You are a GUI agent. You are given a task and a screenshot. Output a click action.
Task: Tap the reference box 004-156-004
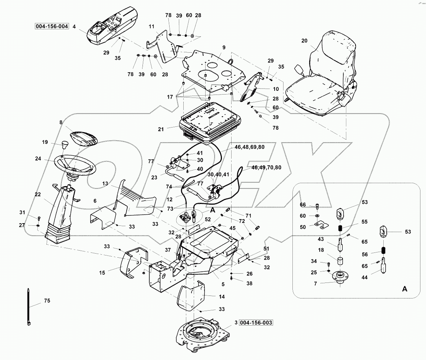(52, 26)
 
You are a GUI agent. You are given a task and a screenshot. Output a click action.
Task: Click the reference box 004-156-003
(256, 323)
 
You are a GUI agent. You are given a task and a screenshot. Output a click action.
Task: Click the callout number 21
(161, 129)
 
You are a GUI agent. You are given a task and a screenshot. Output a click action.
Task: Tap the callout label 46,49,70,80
(266, 168)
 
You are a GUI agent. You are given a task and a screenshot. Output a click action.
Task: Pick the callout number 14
(222, 297)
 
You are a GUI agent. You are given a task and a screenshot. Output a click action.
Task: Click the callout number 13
(105, 184)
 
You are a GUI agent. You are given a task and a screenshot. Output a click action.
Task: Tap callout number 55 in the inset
(364, 222)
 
